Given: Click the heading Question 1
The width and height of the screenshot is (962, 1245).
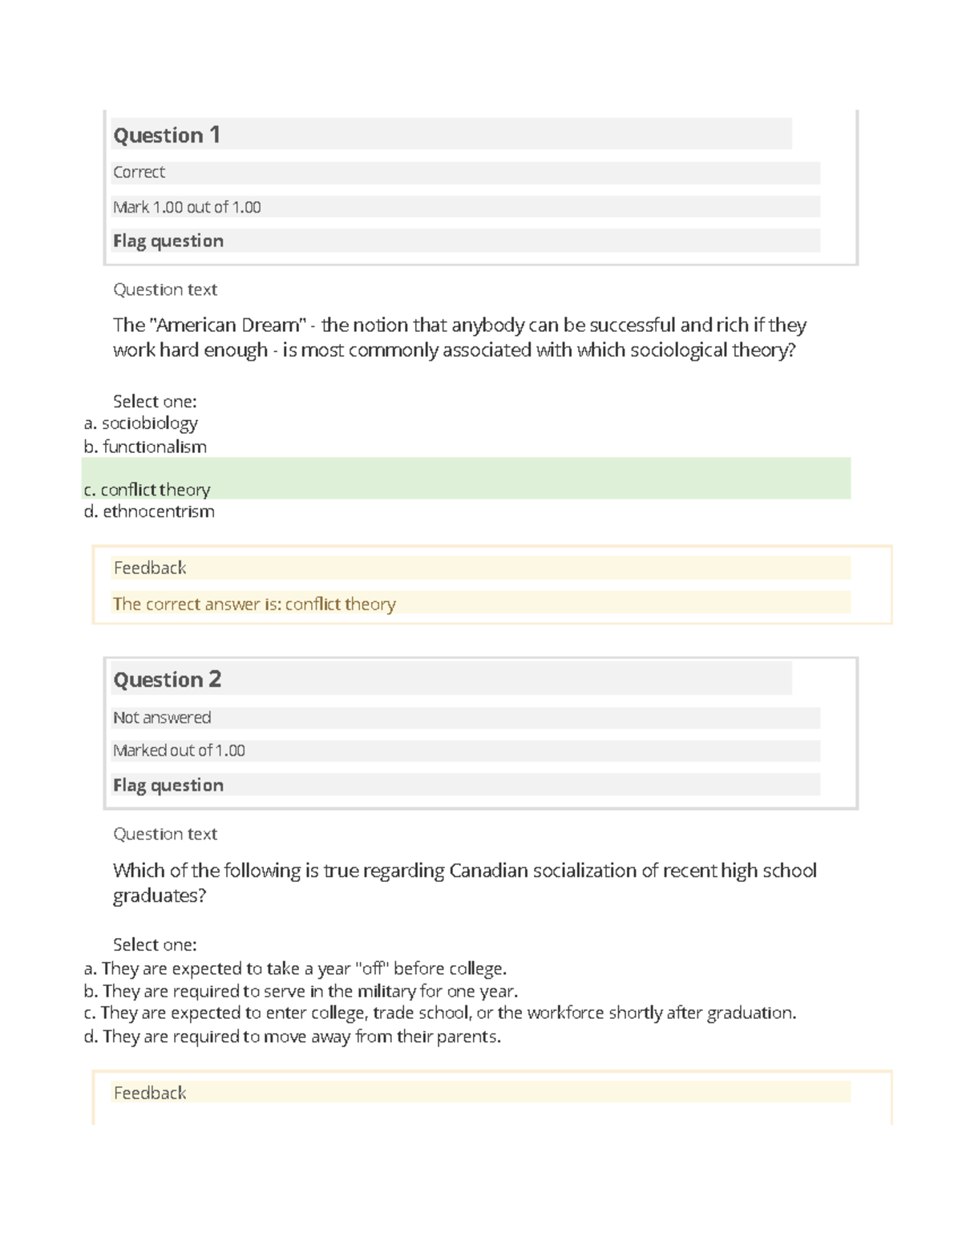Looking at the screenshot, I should click(167, 135).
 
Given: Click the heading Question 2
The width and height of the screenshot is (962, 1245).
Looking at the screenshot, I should click(167, 679).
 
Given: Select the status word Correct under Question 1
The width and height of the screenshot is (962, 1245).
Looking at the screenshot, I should click(139, 172).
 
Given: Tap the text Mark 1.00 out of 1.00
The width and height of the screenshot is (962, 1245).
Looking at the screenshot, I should click(187, 207).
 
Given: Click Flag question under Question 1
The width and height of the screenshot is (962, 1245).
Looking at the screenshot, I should click(168, 241).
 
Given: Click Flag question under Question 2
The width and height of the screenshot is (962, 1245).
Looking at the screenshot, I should click(168, 785).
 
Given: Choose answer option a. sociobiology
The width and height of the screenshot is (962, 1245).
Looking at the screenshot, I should click(141, 422).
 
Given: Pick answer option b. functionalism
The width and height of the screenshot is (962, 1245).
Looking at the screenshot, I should click(146, 447).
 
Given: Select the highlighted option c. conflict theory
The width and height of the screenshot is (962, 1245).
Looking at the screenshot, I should click(148, 489).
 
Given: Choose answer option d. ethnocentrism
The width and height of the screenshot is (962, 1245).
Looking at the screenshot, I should click(150, 511).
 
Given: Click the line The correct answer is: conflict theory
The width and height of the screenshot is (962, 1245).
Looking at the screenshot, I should click(254, 604).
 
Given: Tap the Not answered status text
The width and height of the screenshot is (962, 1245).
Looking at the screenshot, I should click(162, 717).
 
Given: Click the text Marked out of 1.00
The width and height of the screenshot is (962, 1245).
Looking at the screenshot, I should click(179, 750).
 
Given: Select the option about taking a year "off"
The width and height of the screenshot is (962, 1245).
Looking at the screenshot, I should click(296, 968).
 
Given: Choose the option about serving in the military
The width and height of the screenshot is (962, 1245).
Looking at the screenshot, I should click(301, 991).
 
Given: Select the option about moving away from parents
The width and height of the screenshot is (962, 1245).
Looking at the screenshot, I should click(293, 1037).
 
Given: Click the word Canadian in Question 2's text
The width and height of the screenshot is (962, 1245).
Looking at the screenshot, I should click(488, 871).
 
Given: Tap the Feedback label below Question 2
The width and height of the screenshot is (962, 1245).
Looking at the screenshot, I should click(150, 1093).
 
